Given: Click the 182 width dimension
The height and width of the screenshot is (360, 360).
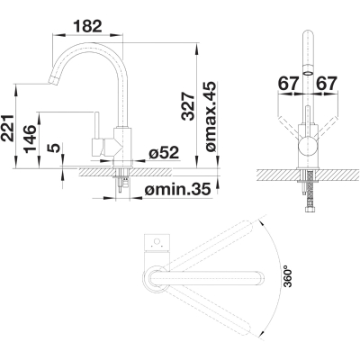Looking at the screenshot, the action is tap(88, 26).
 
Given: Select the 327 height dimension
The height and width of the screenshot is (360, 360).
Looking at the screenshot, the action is tap(188, 106).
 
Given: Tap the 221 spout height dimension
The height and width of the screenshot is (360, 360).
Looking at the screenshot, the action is tap(7, 128).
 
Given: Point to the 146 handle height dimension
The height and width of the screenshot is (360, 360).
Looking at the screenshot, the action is tap(31, 139).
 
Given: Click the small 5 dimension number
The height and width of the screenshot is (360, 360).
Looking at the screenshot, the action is tap(55, 148).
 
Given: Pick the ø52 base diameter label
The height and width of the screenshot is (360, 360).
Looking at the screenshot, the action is tap(164, 153).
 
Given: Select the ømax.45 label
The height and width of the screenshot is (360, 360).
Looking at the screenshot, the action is tap(209, 116).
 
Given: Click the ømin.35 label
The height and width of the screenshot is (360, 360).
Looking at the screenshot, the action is tap(177, 190).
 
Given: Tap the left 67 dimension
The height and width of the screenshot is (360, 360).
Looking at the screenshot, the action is tap(289, 83).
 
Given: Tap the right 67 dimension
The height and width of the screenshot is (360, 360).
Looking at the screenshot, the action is tap(327, 83).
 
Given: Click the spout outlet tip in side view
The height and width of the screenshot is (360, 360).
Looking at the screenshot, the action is tap(53, 80).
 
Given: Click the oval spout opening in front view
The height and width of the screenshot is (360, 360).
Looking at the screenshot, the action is tap(308, 73).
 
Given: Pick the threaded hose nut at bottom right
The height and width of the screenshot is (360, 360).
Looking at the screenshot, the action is tap(309, 210).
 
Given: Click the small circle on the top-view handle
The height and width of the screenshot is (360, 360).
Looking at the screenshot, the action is tap(157, 241).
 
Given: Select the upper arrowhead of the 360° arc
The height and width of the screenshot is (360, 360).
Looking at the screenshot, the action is tap(261, 222).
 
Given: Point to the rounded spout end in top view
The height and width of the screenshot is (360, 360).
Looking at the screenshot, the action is tap(260, 277).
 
